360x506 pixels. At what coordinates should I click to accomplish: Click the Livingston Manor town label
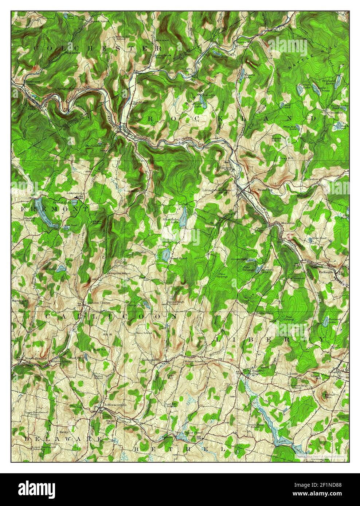tap(218, 190)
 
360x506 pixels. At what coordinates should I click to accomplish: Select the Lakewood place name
tap(73, 193)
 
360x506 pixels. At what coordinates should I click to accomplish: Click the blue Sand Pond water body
tap(166, 253)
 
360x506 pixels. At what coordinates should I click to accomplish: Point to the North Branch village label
tap(32, 359)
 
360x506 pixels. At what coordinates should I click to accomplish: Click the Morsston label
tap(284, 223)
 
